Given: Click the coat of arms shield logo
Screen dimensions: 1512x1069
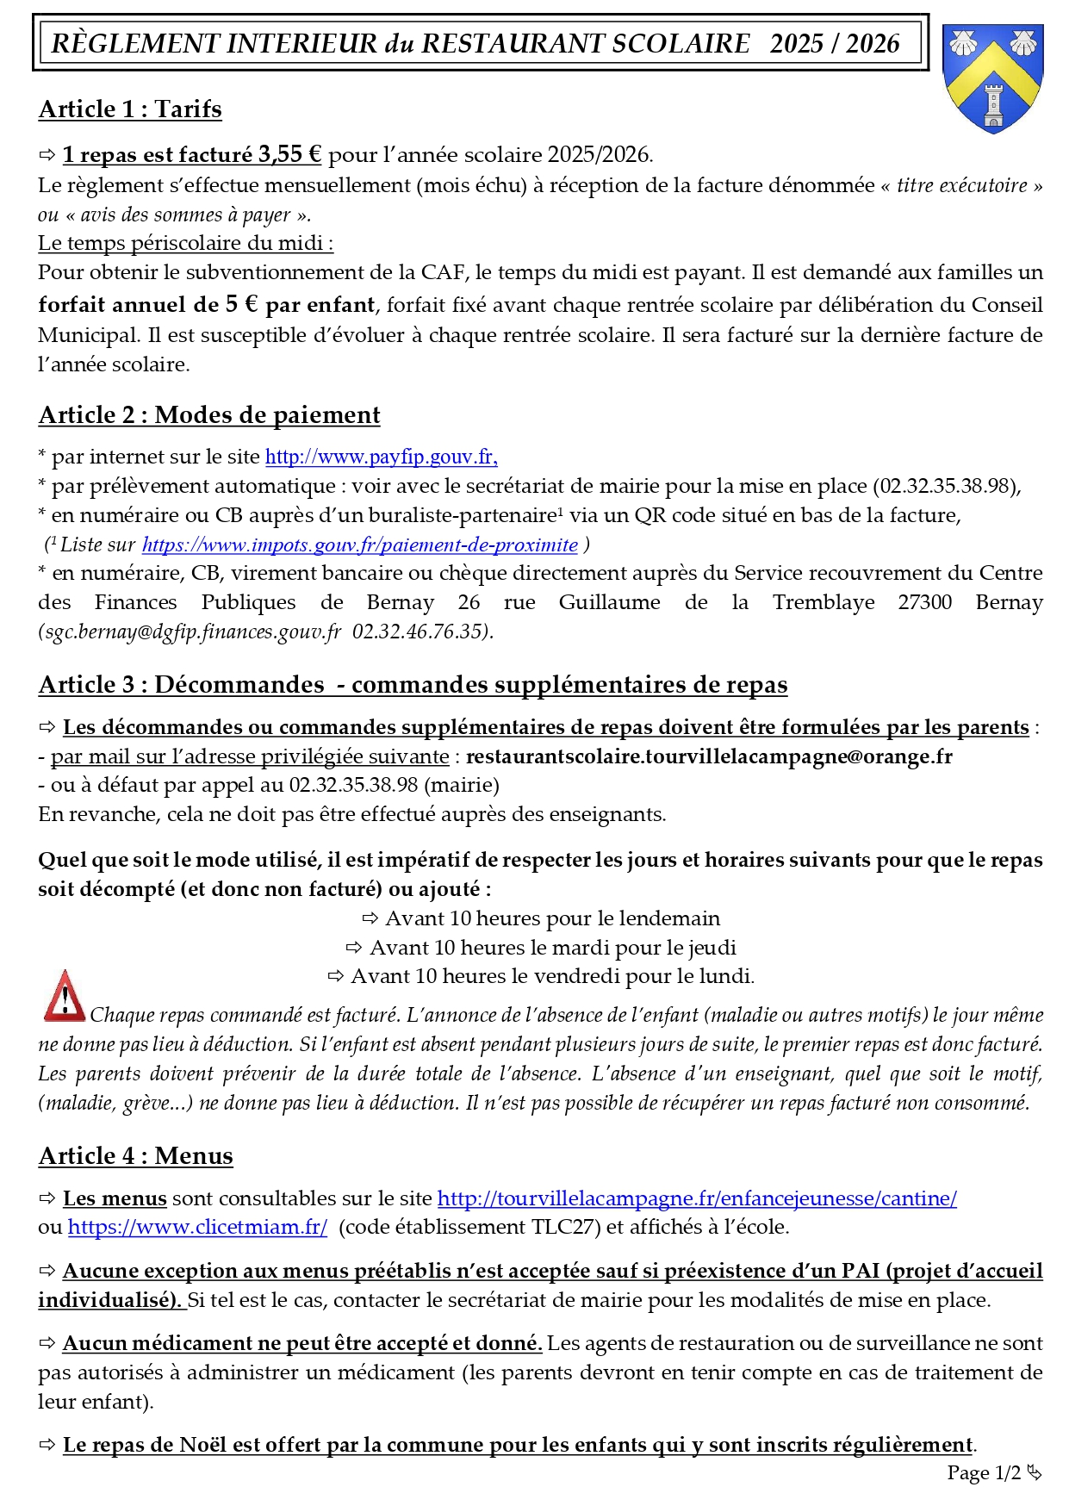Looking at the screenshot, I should (993, 78).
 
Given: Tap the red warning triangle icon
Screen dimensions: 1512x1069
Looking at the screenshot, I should (64, 997).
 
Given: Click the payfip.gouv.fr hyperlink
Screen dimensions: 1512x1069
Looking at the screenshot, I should (381, 457).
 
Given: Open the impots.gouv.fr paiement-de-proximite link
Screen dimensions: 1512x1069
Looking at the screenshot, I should (360, 544).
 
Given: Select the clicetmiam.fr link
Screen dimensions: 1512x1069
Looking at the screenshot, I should (197, 1227).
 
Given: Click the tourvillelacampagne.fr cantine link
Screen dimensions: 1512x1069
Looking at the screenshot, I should (697, 1198).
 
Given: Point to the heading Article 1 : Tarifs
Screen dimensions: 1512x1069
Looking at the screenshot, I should (130, 109).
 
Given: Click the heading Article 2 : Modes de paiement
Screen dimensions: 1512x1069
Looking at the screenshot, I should (209, 415).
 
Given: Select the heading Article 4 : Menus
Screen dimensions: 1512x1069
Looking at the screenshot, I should (135, 1156).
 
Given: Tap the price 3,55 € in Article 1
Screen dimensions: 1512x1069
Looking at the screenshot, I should (289, 155).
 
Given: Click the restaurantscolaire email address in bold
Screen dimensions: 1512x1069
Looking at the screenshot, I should (709, 756).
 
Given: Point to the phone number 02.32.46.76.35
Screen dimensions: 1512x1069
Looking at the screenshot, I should (420, 632).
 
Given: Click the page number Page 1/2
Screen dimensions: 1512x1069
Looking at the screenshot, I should (984, 1472).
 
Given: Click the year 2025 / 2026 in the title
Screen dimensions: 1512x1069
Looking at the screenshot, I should (834, 44).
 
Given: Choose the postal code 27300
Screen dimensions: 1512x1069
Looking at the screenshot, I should (924, 602).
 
